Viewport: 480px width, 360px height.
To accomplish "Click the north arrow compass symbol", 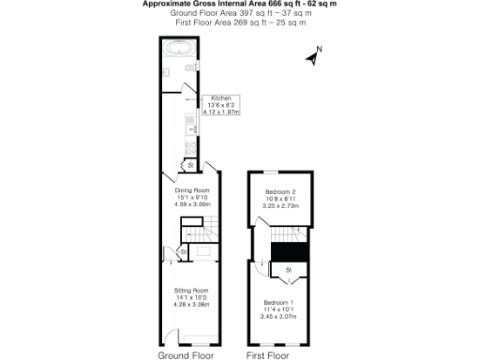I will click(315, 55).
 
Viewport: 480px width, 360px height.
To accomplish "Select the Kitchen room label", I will click(221, 97).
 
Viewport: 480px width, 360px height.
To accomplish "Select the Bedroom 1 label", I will click(277, 302).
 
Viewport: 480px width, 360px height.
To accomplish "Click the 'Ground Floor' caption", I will click(185, 356).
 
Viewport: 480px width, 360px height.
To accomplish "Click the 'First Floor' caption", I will click(269, 356).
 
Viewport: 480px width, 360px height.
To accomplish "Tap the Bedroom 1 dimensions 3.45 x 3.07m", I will click(277, 316).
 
